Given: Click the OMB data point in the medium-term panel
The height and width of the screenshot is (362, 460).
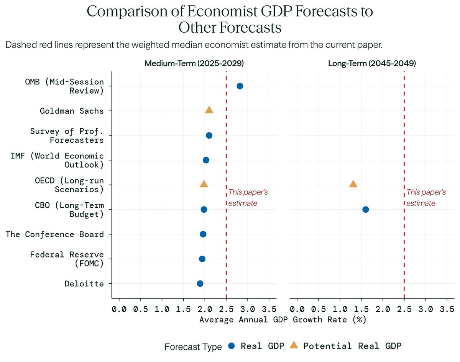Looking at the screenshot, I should pos(240,86).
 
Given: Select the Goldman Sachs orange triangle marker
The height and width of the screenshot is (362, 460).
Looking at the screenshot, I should pos(209,111).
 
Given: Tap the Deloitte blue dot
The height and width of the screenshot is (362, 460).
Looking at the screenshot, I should pos(200,284).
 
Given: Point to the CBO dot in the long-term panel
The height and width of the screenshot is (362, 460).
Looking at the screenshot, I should pos(365,210).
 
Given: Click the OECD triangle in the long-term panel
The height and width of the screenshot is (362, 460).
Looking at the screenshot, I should pos(353,184).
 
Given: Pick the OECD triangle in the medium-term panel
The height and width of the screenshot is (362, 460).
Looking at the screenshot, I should pos(204,184).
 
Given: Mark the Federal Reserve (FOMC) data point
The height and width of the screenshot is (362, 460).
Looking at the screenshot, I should pos(202,259).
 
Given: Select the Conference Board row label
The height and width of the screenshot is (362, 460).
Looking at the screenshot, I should pos(54,234).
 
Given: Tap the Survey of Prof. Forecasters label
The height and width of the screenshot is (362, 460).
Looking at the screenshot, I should pos(67,136).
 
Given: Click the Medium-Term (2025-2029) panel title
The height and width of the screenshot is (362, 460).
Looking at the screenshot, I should pos(194,64).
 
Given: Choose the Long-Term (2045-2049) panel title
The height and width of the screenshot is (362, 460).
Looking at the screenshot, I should pos(372,64).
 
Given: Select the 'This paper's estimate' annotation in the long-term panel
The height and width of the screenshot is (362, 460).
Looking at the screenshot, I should pos(426,197).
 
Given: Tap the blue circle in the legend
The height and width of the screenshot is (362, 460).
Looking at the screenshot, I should pos(231,346).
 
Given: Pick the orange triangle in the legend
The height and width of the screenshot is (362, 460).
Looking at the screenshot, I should pos(294,345).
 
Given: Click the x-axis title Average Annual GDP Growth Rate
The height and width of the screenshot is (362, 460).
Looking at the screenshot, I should pos(283,319).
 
